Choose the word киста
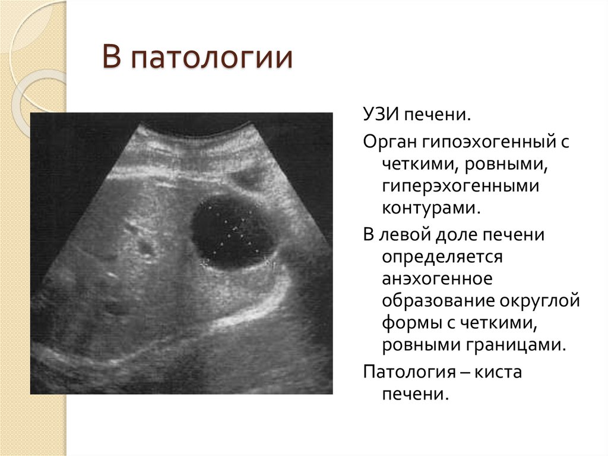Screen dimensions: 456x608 point(498,373)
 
